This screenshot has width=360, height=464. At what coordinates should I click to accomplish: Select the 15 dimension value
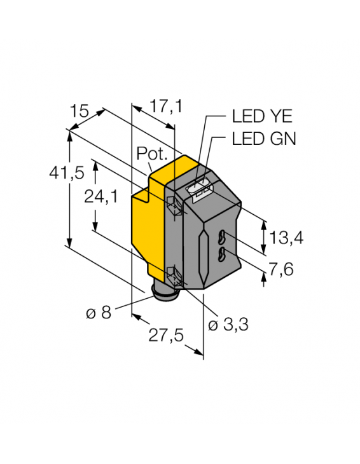pyautogui.click(x=80, y=112)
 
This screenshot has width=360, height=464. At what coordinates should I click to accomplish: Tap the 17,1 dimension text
pyautogui.click(x=165, y=106)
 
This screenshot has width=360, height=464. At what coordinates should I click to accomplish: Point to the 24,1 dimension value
pyautogui.click(x=101, y=197)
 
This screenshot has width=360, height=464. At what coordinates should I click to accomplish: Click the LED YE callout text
pyautogui.click(x=261, y=118)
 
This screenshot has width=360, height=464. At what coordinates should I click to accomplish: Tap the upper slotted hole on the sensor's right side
pyautogui.click(x=222, y=238)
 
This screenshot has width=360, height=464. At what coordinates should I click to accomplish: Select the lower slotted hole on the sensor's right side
pyautogui.click(x=222, y=255)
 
